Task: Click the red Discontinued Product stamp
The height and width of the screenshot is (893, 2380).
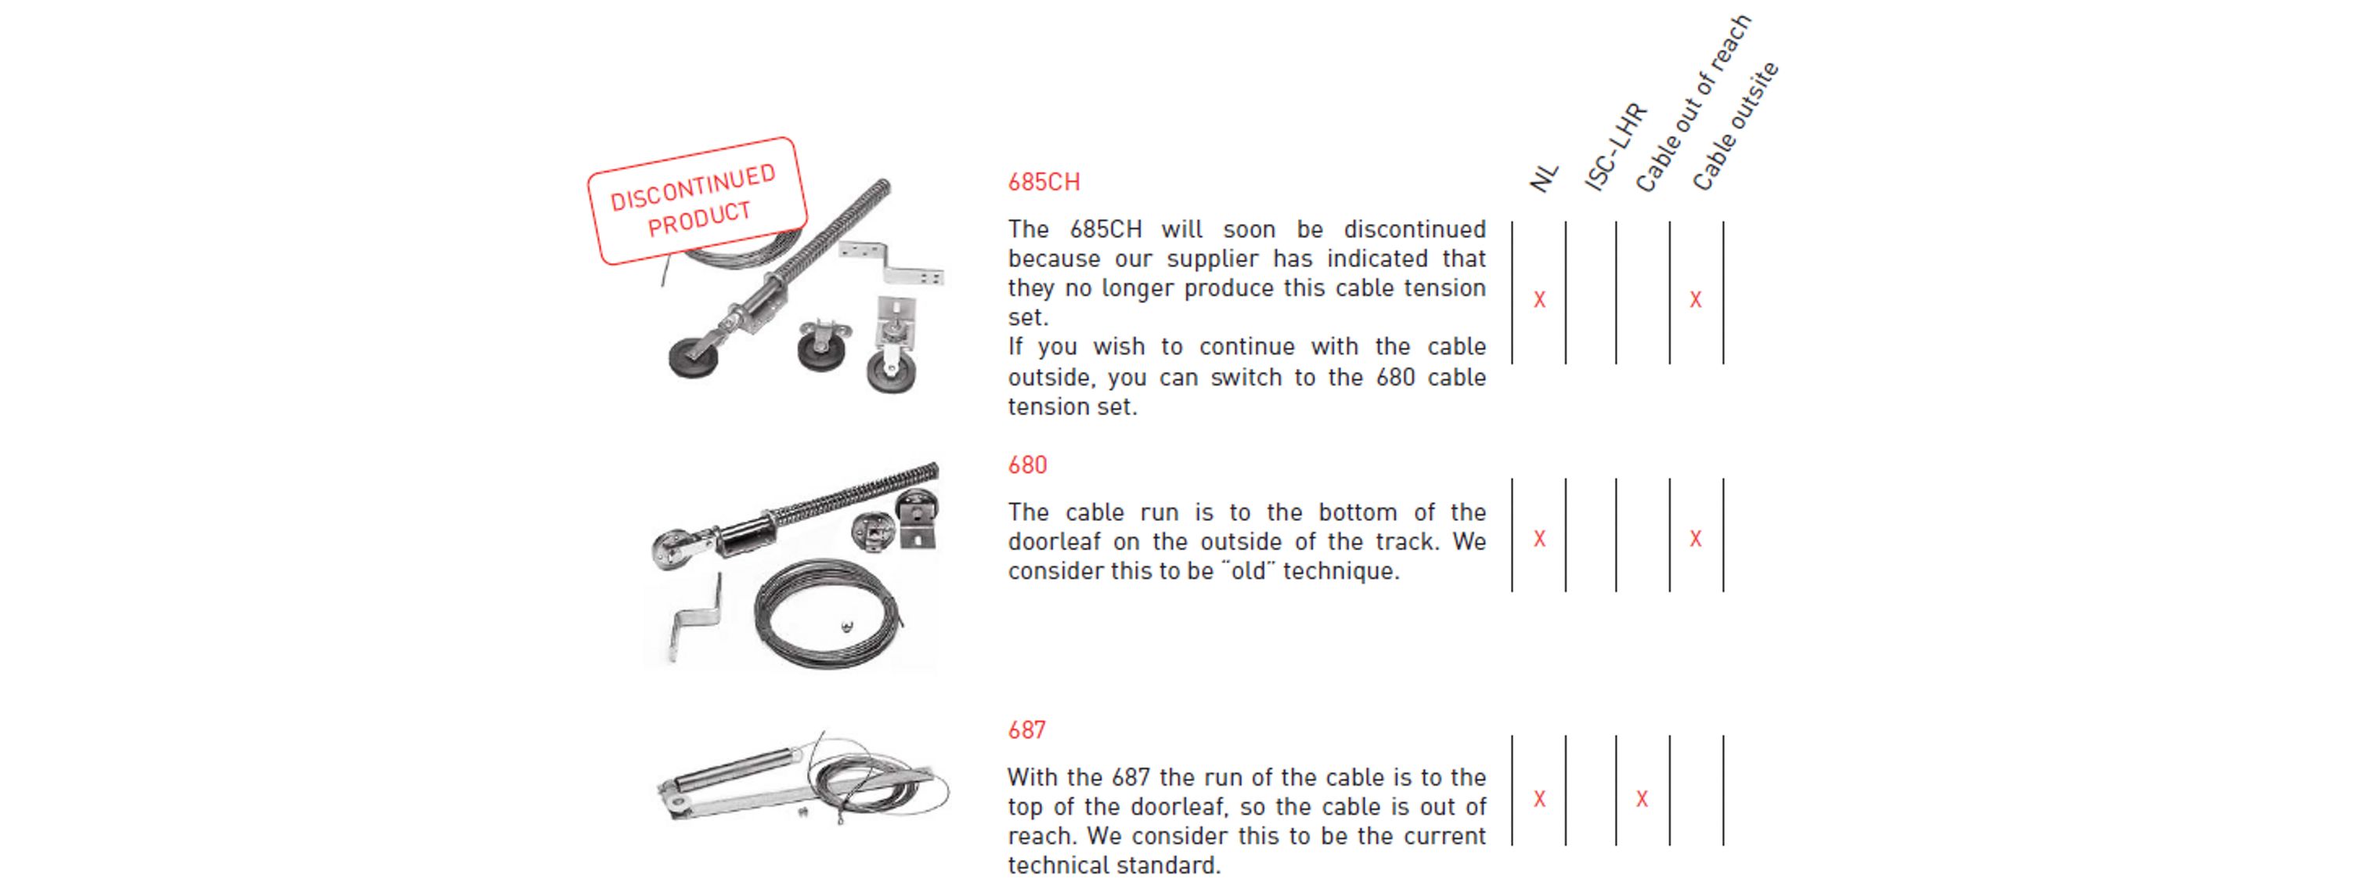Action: coord(697,201)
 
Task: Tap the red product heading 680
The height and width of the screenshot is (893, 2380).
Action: coord(1027,465)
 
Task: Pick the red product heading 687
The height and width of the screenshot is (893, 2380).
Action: coord(1026,730)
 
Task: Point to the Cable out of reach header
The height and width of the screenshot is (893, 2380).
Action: coord(1693,103)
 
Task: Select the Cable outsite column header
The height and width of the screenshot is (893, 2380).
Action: coord(1735,125)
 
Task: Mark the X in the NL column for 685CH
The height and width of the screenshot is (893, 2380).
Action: coord(1539,299)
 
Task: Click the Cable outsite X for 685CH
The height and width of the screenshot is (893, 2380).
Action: coord(1696,299)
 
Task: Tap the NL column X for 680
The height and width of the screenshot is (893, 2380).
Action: coord(1539,539)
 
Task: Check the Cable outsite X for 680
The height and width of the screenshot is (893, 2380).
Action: coord(1696,539)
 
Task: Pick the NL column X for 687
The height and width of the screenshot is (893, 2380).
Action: coord(1539,799)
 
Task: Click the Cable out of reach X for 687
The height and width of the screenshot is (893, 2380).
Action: coord(1642,799)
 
